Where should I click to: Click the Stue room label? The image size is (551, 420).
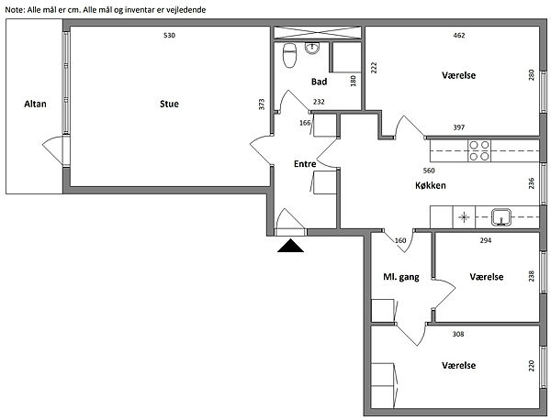[169, 104]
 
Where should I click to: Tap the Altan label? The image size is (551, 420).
[35, 104]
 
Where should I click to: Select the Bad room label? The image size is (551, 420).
[319, 82]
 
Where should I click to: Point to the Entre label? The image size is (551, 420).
[305, 164]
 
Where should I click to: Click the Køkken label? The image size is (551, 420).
[431, 185]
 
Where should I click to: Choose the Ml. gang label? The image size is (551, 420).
[401, 277]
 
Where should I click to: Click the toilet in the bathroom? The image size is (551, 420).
[289, 55]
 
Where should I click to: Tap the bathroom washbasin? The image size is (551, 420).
[312, 48]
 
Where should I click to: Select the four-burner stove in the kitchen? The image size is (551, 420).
[479, 150]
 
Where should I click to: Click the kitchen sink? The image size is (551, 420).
[501, 216]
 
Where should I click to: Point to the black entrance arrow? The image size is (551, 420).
[290, 246]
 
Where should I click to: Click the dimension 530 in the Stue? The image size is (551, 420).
[169, 36]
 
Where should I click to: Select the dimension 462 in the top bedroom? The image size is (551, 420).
[459, 36]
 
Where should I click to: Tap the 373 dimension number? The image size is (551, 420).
[262, 105]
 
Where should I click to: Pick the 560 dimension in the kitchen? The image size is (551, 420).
[429, 171]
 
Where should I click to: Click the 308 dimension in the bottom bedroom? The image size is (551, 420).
[458, 334]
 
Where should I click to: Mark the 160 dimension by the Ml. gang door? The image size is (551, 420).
[400, 240]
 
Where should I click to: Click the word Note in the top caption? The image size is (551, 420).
[14, 10]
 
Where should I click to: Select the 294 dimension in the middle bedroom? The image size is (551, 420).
[486, 240]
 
